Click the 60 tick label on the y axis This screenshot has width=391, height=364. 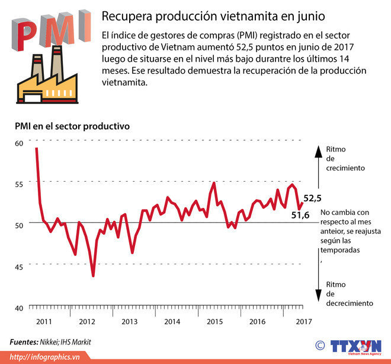pos(18,143)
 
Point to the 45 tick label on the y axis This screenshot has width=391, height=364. pos(18,267)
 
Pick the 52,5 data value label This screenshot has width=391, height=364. pos(312,198)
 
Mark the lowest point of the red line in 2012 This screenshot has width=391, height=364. pos(93,276)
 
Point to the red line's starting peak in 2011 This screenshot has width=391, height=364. pos(37,148)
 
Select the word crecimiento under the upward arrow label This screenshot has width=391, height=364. pos(345,168)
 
